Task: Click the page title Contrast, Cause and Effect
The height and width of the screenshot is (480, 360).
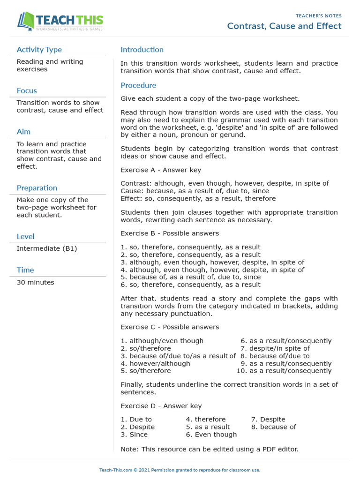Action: coord(284,26)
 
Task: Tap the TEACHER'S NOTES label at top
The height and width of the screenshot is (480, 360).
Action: coord(318,16)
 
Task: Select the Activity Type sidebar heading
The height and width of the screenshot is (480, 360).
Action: coord(39,50)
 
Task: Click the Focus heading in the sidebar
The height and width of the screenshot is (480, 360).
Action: coord(27,90)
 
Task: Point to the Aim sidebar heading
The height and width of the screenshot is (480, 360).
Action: coord(23,132)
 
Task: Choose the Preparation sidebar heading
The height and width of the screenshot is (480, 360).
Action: coord(37,188)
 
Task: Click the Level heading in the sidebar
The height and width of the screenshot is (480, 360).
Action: coord(25,237)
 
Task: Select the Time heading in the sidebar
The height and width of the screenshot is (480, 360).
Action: coord(25,270)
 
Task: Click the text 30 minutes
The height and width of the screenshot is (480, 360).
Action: coord(35,282)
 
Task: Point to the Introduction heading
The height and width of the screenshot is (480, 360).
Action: coord(142,50)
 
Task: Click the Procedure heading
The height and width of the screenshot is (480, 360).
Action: coord(138,85)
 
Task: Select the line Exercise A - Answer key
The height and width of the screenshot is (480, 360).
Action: coord(161,170)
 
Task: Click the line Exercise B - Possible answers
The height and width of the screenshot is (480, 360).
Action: coord(170,233)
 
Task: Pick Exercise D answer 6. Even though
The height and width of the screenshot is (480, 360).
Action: coord(211,434)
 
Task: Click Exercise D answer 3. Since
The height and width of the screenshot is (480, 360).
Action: coord(134,434)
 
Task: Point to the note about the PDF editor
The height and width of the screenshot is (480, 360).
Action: coord(209,449)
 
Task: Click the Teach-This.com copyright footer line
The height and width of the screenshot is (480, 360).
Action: coord(180,470)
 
